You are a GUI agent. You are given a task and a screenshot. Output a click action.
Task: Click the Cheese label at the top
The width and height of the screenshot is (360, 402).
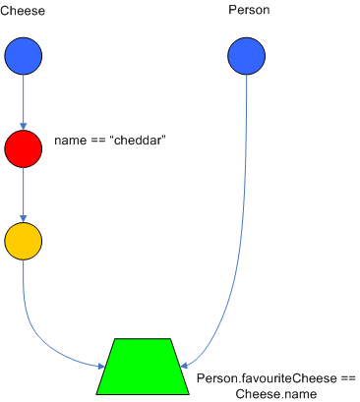23,10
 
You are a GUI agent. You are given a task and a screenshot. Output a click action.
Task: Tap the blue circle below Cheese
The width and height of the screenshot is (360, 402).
23,56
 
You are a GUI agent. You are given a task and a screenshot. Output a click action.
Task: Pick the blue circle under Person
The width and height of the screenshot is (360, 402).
246,56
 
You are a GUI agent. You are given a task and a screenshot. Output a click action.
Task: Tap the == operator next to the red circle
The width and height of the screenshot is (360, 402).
97,142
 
